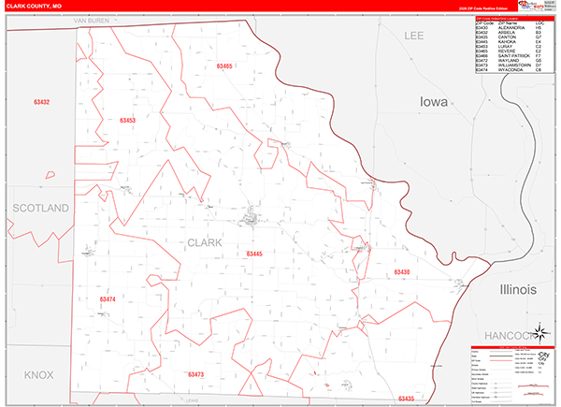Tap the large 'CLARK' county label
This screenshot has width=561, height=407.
(206, 242)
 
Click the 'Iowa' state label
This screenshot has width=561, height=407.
(435, 101)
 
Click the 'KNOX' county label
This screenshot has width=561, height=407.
(39, 374)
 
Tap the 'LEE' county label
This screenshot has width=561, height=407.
(414, 35)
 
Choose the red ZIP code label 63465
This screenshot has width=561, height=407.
(223, 66)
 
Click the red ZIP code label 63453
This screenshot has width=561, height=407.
(128, 120)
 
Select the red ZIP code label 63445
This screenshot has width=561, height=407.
(254, 254)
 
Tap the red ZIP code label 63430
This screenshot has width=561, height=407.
(402, 271)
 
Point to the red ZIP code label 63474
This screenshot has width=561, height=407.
(108, 298)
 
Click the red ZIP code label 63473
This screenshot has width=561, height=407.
(195, 374)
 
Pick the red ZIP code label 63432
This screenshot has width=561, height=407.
(41, 101)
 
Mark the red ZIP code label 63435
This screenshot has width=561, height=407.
(405, 399)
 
